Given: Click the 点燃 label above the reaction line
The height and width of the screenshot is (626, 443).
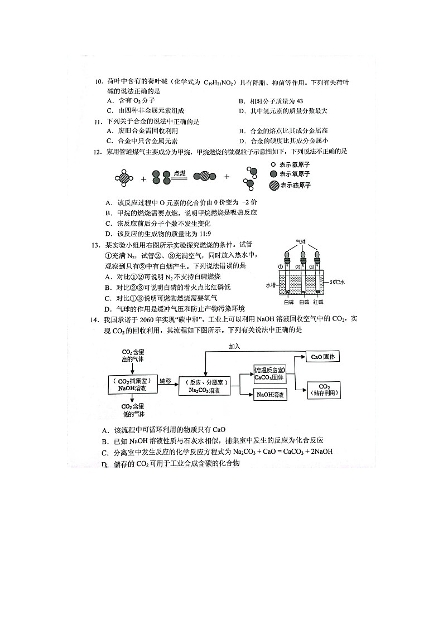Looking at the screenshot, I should click(x=179, y=173).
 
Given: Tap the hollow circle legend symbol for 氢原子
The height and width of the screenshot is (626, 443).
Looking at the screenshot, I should click(x=273, y=165).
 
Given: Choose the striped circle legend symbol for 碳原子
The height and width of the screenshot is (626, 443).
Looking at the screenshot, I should click(x=273, y=185).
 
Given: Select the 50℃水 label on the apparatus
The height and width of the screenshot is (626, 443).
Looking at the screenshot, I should click(x=338, y=282).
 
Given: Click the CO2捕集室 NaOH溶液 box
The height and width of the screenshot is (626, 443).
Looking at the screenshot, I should click(x=132, y=384).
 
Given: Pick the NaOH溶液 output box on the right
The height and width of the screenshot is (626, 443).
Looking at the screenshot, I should click(x=270, y=395).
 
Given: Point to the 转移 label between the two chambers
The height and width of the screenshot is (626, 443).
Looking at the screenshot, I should click(x=165, y=381).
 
